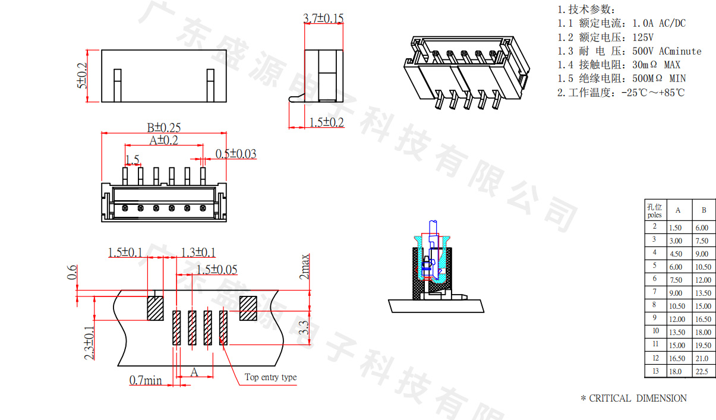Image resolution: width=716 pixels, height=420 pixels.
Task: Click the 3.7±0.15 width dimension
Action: [x=323, y=18]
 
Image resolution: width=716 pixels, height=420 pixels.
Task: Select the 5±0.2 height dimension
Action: [x=81, y=76]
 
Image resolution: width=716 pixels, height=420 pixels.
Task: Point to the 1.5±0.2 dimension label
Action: [x=327, y=122]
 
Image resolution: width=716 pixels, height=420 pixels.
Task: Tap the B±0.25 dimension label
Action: [x=163, y=127]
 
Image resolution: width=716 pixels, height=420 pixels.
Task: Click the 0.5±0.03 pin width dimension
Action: [x=236, y=154]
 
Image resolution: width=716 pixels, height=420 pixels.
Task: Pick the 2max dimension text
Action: [x=304, y=267]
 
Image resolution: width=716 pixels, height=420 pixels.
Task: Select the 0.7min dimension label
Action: [x=146, y=380]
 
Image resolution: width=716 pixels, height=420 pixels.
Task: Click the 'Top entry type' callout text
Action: [x=270, y=377]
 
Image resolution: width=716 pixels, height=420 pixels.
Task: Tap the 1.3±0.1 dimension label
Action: [x=198, y=252]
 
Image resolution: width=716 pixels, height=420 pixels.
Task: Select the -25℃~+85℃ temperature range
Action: [x=652, y=93]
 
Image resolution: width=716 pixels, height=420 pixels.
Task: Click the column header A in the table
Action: [x=678, y=210]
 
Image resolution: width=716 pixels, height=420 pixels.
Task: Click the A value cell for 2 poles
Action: [x=676, y=228]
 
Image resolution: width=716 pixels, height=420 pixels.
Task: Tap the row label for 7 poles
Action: [x=654, y=292]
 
